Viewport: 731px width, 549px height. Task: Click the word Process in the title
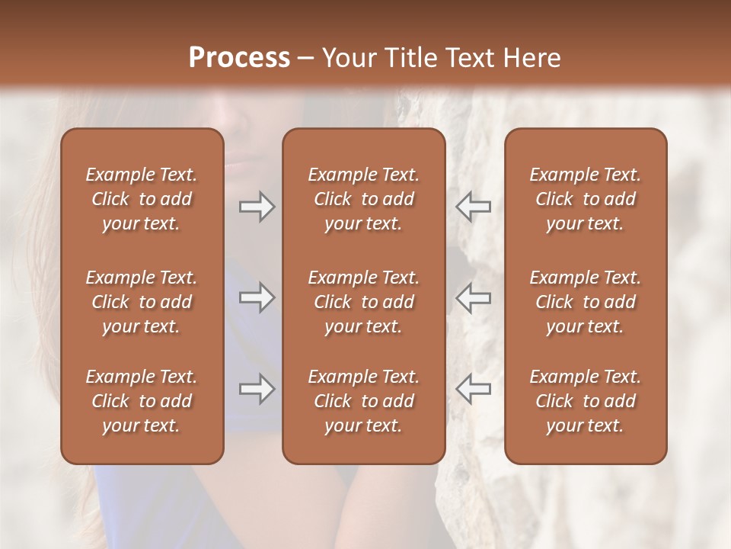tap(239, 58)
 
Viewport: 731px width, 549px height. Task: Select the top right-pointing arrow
tap(257, 207)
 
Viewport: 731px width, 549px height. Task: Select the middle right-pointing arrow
tap(257, 297)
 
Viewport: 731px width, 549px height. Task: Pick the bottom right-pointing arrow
tap(257, 389)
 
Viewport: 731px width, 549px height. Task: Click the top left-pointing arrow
tap(473, 207)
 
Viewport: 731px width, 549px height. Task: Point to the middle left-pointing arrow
tap(473, 297)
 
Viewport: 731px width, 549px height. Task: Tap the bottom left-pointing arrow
tap(473, 389)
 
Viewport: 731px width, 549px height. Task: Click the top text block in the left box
tap(142, 199)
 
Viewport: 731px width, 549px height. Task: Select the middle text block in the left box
tap(142, 302)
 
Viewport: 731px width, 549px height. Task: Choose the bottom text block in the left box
tap(142, 401)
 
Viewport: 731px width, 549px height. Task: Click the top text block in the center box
tap(363, 199)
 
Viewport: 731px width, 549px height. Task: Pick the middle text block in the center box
tap(363, 302)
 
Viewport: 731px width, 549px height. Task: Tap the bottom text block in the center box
tap(363, 401)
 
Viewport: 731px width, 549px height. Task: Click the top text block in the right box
tap(586, 199)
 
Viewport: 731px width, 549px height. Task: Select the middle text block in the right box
tap(586, 302)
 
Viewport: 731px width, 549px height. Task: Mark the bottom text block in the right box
tap(586, 401)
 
